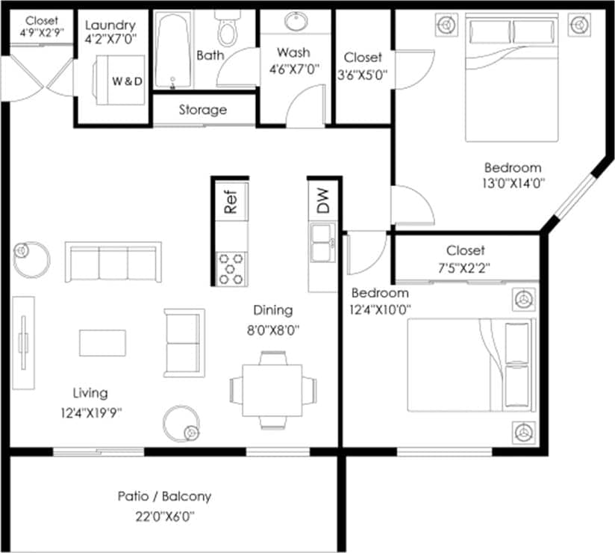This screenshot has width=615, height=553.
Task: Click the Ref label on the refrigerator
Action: (x=231, y=202)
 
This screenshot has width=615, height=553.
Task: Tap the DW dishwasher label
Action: (x=323, y=201)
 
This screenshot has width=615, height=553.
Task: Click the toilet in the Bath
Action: (x=227, y=28)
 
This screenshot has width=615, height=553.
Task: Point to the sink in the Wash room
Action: (x=296, y=23)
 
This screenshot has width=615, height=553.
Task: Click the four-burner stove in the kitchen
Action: (x=231, y=268)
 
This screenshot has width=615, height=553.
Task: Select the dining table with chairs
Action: (x=272, y=389)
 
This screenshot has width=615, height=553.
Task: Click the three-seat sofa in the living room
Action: (x=113, y=262)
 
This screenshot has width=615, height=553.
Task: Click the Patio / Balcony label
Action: (x=164, y=496)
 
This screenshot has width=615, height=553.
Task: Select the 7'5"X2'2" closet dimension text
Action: (x=466, y=267)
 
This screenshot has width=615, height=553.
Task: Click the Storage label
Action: (x=202, y=111)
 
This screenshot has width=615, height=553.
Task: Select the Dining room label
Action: (x=272, y=310)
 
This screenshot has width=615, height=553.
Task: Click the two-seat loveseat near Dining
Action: (x=184, y=342)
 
